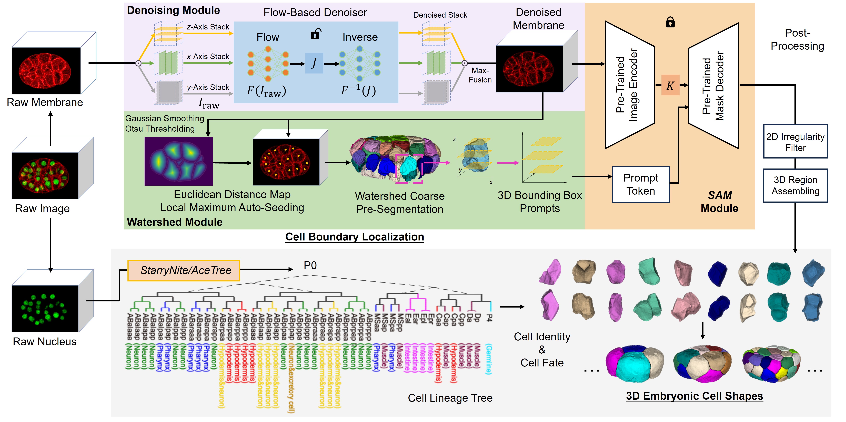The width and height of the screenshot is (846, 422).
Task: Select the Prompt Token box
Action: click(640, 184)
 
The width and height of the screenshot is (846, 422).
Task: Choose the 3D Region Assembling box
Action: click(795, 185)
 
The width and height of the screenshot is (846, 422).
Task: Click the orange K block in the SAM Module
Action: click(670, 85)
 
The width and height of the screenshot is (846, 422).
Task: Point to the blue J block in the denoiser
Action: click(314, 63)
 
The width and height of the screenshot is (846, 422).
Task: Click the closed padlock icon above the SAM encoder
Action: click(670, 22)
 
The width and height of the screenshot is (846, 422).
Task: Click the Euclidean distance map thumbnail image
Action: click(179, 161)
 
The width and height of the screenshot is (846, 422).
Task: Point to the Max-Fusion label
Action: click(480, 75)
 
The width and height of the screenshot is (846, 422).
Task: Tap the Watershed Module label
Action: click(175, 222)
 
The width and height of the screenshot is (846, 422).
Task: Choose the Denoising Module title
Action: click(173, 10)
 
